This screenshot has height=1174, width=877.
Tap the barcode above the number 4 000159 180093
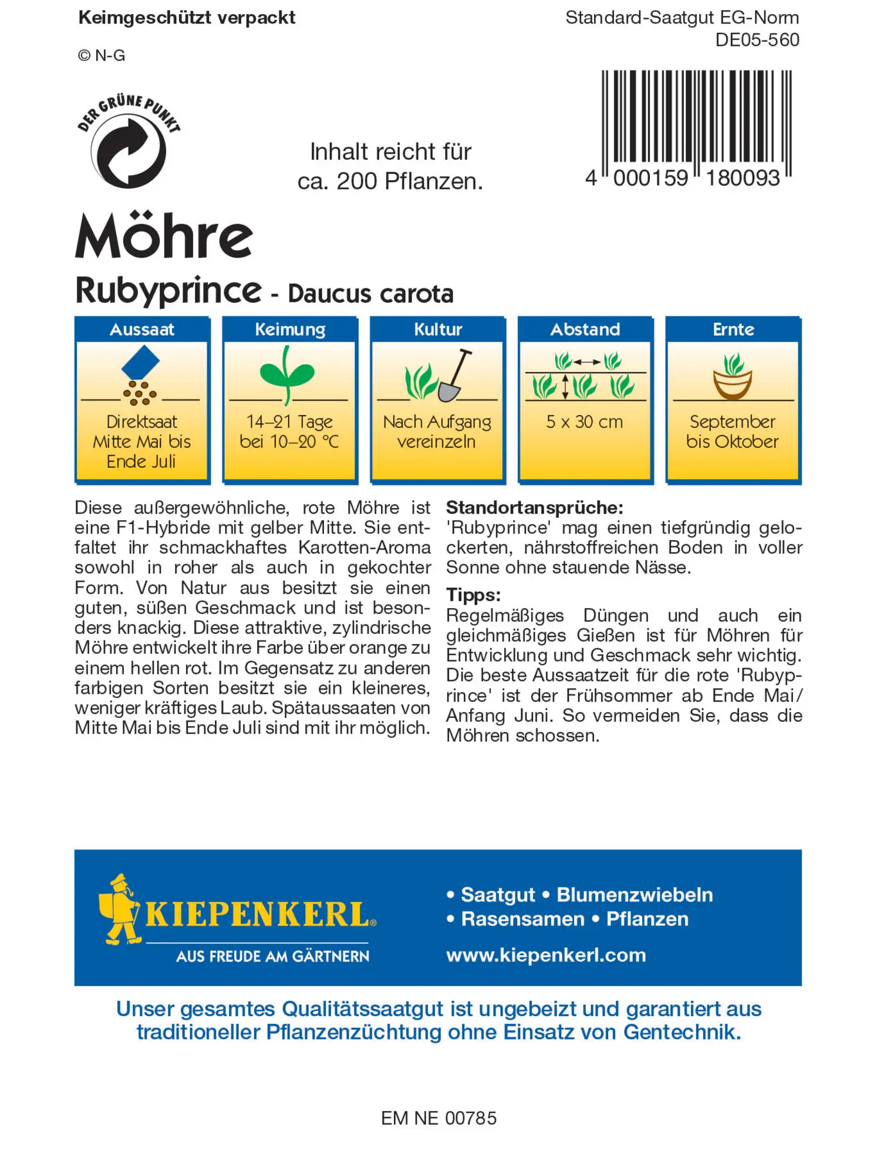coord(696,116)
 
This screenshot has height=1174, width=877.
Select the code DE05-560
coord(757,40)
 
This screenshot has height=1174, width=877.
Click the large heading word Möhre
coord(164,236)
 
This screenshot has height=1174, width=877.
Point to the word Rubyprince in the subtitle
coord(168,291)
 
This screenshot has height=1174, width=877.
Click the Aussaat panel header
coord(142,329)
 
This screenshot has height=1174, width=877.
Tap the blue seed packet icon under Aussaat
coord(140,362)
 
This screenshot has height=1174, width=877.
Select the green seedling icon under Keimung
coord(287,375)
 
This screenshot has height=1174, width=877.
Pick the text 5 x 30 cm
coord(584,421)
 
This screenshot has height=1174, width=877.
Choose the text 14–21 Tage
coord(289,421)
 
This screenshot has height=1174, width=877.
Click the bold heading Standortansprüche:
coord(534,507)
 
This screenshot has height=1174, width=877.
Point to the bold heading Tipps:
coord(473,595)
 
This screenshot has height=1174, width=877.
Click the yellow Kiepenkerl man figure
coord(120,909)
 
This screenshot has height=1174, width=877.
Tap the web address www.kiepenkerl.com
coord(546,955)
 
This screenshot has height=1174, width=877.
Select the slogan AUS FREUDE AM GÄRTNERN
coord(273,956)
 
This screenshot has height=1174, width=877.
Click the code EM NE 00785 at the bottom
coord(438,1118)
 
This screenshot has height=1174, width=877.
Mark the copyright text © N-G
coord(102,56)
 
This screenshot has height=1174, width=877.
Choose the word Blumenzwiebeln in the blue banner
coord(635,895)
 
